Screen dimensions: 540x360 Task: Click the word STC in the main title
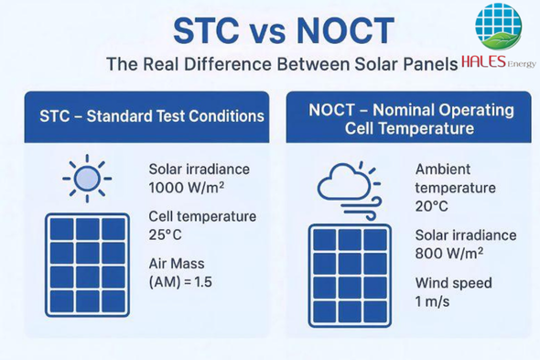click(206, 30)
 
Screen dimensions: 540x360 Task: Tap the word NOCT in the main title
click(345, 30)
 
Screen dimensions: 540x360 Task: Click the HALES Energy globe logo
click(498, 27)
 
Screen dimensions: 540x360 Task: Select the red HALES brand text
click(483, 61)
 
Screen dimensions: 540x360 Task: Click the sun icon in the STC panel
click(87, 179)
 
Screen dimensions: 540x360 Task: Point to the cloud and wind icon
click(350, 191)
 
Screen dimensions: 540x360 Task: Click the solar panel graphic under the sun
click(88, 265)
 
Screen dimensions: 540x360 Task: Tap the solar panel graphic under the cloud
click(350, 276)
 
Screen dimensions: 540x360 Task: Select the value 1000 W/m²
click(187, 188)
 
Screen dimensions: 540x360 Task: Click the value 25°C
click(165, 235)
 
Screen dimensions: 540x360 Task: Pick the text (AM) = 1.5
click(180, 282)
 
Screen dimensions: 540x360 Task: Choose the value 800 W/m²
click(449, 254)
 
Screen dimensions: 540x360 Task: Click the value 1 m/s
click(432, 301)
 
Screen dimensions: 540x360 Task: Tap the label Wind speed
click(454, 283)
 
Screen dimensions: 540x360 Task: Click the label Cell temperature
click(202, 216)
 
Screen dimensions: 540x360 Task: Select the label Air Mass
click(177, 264)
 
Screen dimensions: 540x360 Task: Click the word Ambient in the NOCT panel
click(443, 169)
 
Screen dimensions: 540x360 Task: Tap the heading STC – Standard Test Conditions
click(152, 116)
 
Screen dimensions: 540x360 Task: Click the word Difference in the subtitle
click(228, 64)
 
